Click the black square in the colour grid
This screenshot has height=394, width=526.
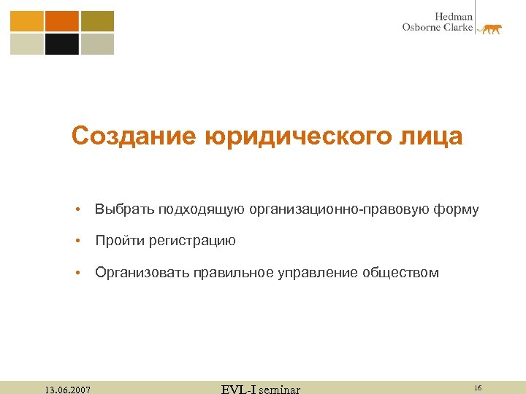point(62,45)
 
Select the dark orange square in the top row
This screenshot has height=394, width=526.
point(62,21)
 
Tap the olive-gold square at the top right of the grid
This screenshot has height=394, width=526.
point(97,21)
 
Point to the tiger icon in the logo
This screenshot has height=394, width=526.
point(489,28)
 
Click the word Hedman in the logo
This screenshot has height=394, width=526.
point(454,16)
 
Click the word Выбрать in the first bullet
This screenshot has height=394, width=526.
point(119,210)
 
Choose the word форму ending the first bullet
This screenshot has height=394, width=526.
point(455,210)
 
